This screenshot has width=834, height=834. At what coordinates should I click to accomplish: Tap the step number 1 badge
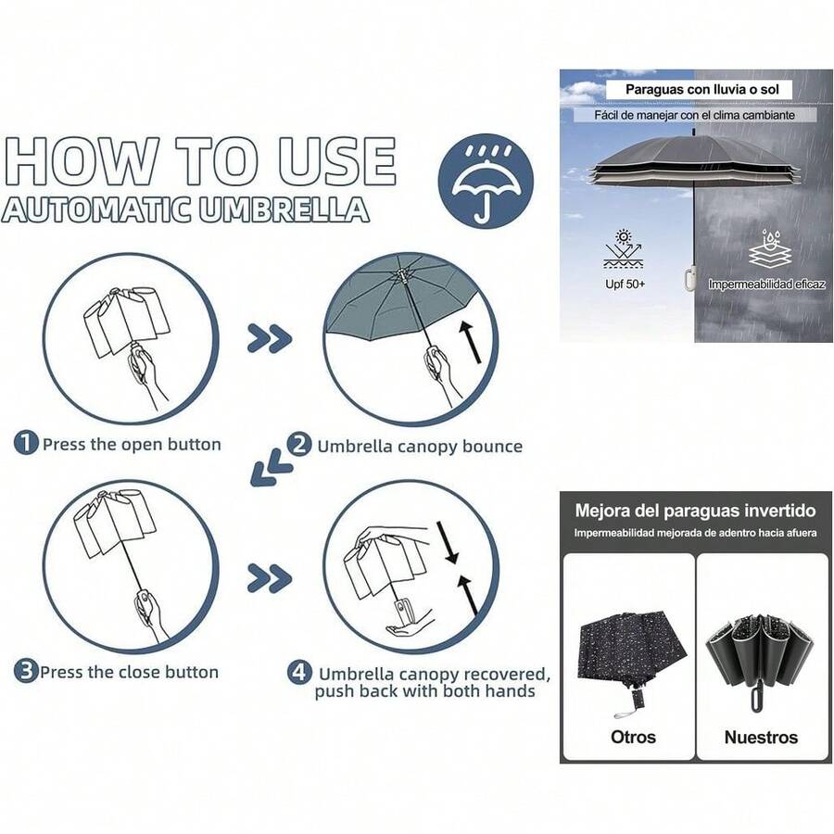point(25,444)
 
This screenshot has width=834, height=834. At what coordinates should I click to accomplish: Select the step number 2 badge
point(299,445)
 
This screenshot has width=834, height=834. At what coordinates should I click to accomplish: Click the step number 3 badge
point(25,672)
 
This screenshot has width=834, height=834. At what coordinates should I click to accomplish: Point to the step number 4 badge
point(298,674)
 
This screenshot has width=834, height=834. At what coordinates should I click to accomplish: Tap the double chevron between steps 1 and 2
point(269,339)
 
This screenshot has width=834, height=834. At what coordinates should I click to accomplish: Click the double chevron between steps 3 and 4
point(269,579)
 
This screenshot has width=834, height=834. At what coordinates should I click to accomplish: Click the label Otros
point(633,738)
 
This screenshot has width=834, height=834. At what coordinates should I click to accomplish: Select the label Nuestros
point(761,738)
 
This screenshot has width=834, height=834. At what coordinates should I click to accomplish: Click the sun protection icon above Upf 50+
point(624,248)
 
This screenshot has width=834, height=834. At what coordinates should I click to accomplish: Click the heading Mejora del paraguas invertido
point(695,511)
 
